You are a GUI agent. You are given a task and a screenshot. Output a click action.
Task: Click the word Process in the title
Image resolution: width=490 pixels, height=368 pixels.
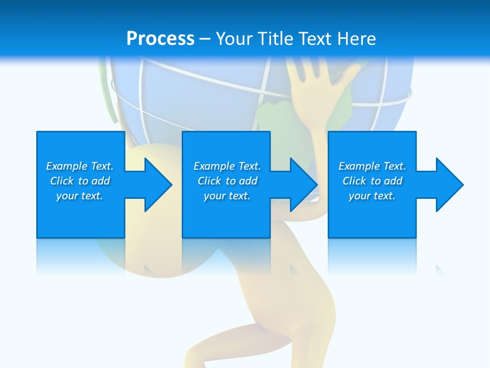point(160,39)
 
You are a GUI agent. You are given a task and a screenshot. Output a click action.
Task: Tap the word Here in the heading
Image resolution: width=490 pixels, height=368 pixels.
point(356,39)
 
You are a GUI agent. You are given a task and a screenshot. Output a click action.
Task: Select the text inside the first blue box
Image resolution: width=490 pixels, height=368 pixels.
point(80,181)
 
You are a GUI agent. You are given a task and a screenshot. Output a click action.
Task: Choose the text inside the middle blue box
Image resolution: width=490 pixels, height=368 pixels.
point(227,181)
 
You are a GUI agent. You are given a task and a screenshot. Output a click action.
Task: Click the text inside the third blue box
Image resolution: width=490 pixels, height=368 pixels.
point(372,181)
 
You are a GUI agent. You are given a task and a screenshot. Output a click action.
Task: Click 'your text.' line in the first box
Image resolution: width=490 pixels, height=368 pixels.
point(80,196)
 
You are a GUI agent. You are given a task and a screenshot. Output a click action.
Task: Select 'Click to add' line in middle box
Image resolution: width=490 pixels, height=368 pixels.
point(227,181)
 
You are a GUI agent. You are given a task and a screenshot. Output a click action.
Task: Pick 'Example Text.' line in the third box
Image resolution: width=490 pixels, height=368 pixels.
point(372,166)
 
